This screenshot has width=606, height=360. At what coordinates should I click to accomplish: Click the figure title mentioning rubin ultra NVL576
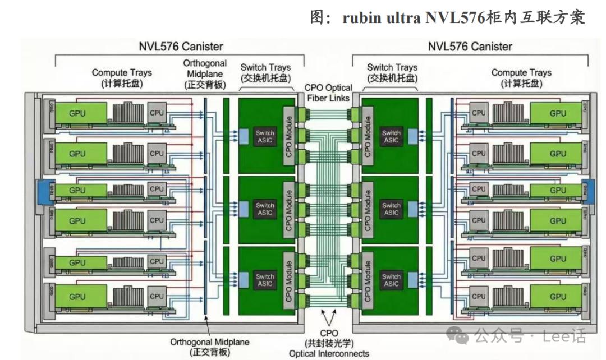point(447,18)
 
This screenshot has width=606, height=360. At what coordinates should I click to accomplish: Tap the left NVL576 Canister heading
point(180,46)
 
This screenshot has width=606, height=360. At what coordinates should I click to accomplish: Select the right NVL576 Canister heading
point(470,46)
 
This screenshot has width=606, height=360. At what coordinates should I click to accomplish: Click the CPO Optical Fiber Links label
point(328,93)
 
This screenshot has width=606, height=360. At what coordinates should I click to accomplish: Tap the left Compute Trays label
point(122,77)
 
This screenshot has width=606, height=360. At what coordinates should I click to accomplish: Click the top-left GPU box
point(77,113)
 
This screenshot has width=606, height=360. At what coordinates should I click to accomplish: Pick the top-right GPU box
point(557,113)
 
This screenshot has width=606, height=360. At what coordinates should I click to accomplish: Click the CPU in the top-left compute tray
point(157,113)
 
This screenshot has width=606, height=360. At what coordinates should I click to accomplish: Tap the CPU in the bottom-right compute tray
point(479,296)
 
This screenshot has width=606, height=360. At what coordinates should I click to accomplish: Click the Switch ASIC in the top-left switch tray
point(264,136)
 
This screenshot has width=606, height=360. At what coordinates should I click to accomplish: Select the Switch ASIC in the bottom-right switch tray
point(391,280)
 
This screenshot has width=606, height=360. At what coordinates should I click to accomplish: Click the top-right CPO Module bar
point(367,136)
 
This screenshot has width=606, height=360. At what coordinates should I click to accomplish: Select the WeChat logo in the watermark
point(461,336)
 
